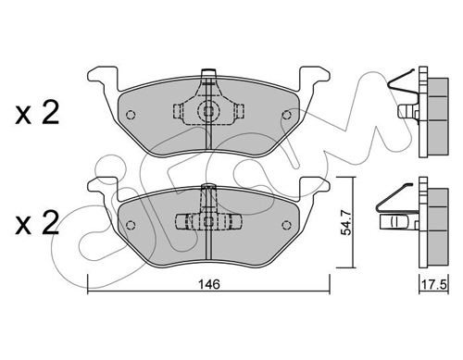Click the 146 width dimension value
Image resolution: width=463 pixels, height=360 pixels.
(209, 284)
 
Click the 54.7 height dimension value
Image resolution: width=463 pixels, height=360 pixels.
(346, 222)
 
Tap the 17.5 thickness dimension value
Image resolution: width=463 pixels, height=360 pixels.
(434, 284)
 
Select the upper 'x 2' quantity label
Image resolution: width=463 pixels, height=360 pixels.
(37, 113)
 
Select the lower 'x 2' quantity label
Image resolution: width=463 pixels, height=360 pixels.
(37, 223)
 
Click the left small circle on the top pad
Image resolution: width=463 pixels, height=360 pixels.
(131, 115)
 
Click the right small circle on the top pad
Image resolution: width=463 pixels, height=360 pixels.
(287, 115)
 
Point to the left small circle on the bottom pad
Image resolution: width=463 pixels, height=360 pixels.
(131, 225)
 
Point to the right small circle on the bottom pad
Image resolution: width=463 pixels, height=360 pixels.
(287, 225)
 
